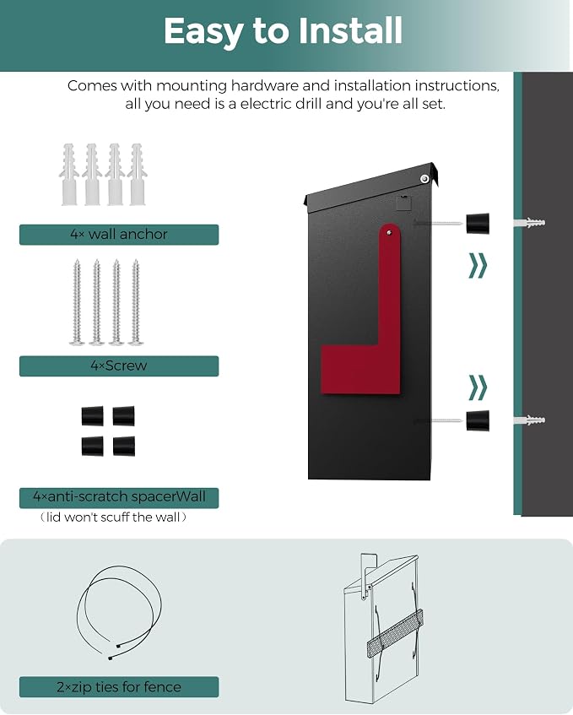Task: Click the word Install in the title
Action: [349, 31]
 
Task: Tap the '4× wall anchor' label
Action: [119, 235]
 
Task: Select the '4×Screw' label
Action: [119, 366]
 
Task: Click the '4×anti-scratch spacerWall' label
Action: [119, 496]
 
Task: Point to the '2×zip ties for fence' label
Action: [119, 687]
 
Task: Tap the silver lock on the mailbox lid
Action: [424, 178]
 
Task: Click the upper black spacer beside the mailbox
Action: [478, 224]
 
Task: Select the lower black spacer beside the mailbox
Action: [478, 420]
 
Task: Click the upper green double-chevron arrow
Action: [478, 265]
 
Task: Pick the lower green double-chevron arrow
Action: [478, 387]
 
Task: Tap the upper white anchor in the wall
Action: [529, 224]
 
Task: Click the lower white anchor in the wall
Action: [529, 420]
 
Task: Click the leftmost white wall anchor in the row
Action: [69, 175]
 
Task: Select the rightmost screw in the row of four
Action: [136, 302]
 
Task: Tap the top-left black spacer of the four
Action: [93, 416]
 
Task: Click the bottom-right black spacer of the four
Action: [124, 446]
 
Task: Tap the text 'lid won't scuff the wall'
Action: [113, 517]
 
